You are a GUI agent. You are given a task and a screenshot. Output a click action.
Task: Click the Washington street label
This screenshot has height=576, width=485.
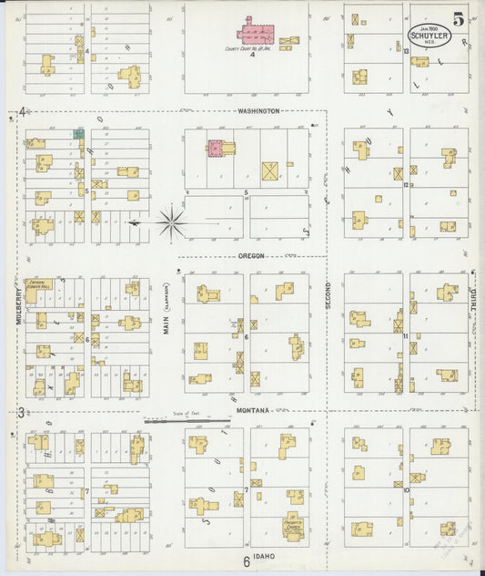point(258,111)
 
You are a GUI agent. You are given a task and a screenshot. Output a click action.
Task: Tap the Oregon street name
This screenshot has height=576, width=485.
point(251,256)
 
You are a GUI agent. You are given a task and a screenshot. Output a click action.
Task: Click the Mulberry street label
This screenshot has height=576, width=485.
point(18,307)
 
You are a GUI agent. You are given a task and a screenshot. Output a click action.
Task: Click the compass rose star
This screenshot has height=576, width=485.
point(170,221)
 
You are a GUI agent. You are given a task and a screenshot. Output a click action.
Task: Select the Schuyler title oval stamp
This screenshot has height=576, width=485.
point(427,35)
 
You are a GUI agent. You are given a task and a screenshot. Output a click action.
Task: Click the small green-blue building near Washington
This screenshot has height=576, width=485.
point(78,133)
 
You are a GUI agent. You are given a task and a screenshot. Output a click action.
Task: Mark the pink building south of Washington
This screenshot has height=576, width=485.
point(217,148)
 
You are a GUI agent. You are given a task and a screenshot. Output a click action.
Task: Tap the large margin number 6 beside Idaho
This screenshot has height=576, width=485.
point(246,561)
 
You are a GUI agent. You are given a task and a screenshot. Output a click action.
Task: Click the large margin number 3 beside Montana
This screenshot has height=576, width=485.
point(20,413)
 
